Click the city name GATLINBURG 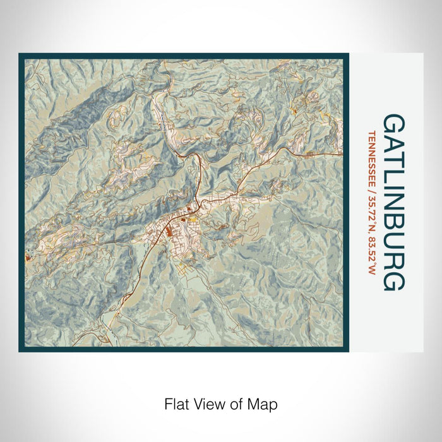click(x=393, y=202)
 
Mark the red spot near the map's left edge click(x=27, y=257)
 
